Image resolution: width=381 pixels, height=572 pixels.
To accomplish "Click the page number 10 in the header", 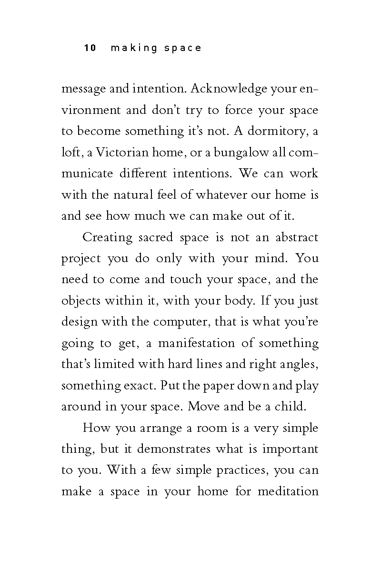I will coord(90,48).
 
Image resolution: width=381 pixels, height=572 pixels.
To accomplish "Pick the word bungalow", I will coord(241,152).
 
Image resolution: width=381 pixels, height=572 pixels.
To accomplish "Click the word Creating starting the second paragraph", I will coord(110,237).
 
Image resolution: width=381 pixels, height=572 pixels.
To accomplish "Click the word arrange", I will coord(160,428).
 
